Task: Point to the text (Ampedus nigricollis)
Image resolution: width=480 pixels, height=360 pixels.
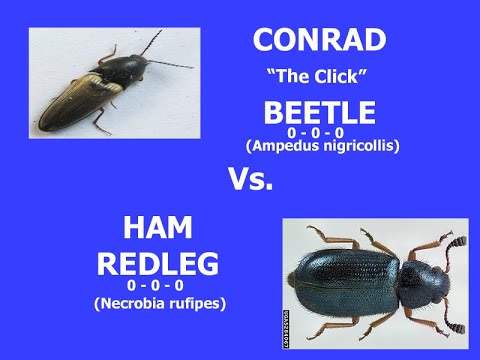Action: coord(322,146)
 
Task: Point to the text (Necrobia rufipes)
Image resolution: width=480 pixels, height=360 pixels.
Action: coord(161,301)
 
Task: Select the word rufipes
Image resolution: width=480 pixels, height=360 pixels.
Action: coord(195,301)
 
